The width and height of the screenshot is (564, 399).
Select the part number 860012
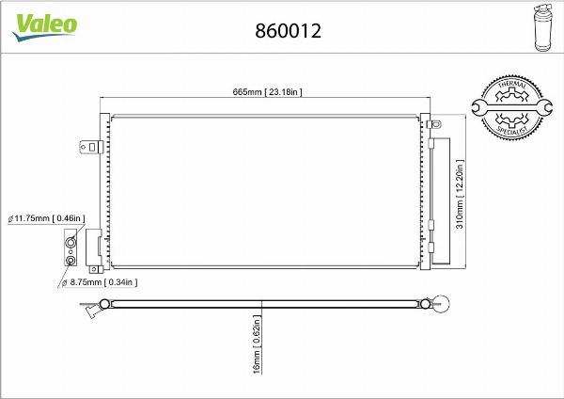(289, 30)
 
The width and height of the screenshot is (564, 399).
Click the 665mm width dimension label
(267, 90)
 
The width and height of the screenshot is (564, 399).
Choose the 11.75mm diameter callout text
(46, 218)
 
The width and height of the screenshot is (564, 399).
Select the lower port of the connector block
(70, 260)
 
